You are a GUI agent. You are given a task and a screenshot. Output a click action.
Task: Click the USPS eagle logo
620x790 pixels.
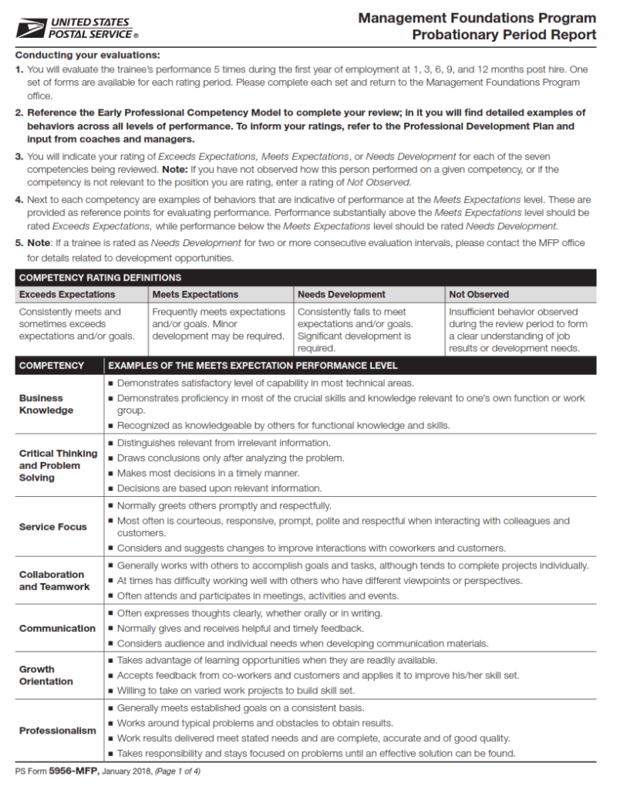[30, 29]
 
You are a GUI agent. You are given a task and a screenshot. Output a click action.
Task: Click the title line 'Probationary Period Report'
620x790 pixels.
[504, 35]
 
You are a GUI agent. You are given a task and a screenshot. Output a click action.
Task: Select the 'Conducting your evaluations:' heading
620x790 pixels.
[88, 55]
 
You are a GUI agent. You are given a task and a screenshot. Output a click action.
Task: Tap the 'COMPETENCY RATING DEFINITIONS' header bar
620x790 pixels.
[100, 278]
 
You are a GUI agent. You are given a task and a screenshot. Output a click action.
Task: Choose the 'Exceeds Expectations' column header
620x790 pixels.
[67, 294]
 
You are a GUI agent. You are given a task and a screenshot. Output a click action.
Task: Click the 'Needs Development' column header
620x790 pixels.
[342, 294]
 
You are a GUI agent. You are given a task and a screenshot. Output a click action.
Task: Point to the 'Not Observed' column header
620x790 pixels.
[479, 294]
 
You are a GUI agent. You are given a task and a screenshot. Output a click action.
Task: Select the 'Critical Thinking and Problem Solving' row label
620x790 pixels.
[58, 465]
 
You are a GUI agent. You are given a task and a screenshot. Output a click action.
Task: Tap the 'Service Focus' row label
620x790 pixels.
[52, 527]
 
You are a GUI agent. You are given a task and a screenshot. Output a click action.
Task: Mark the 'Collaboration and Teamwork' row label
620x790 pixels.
[54, 580]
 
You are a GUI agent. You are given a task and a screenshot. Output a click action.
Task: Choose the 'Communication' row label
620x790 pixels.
[57, 628]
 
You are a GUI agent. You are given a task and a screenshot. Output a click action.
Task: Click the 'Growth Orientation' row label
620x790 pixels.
[46, 675]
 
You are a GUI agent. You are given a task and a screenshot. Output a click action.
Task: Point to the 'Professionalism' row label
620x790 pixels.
[58, 731]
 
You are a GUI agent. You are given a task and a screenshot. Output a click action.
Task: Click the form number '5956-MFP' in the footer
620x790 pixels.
[74, 771]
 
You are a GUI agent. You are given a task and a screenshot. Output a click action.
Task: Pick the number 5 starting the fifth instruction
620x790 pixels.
[19, 242]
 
